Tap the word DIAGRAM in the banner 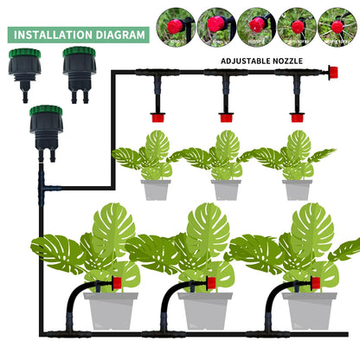[x=119, y=35]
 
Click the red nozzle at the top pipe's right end [x=331, y=75]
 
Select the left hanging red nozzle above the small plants [x=157, y=116]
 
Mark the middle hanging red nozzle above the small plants [x=226, y=116]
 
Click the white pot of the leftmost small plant [x=156, y=188]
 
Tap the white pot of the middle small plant [x=227, y=188]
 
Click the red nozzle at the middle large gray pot [x=216, y=283]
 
